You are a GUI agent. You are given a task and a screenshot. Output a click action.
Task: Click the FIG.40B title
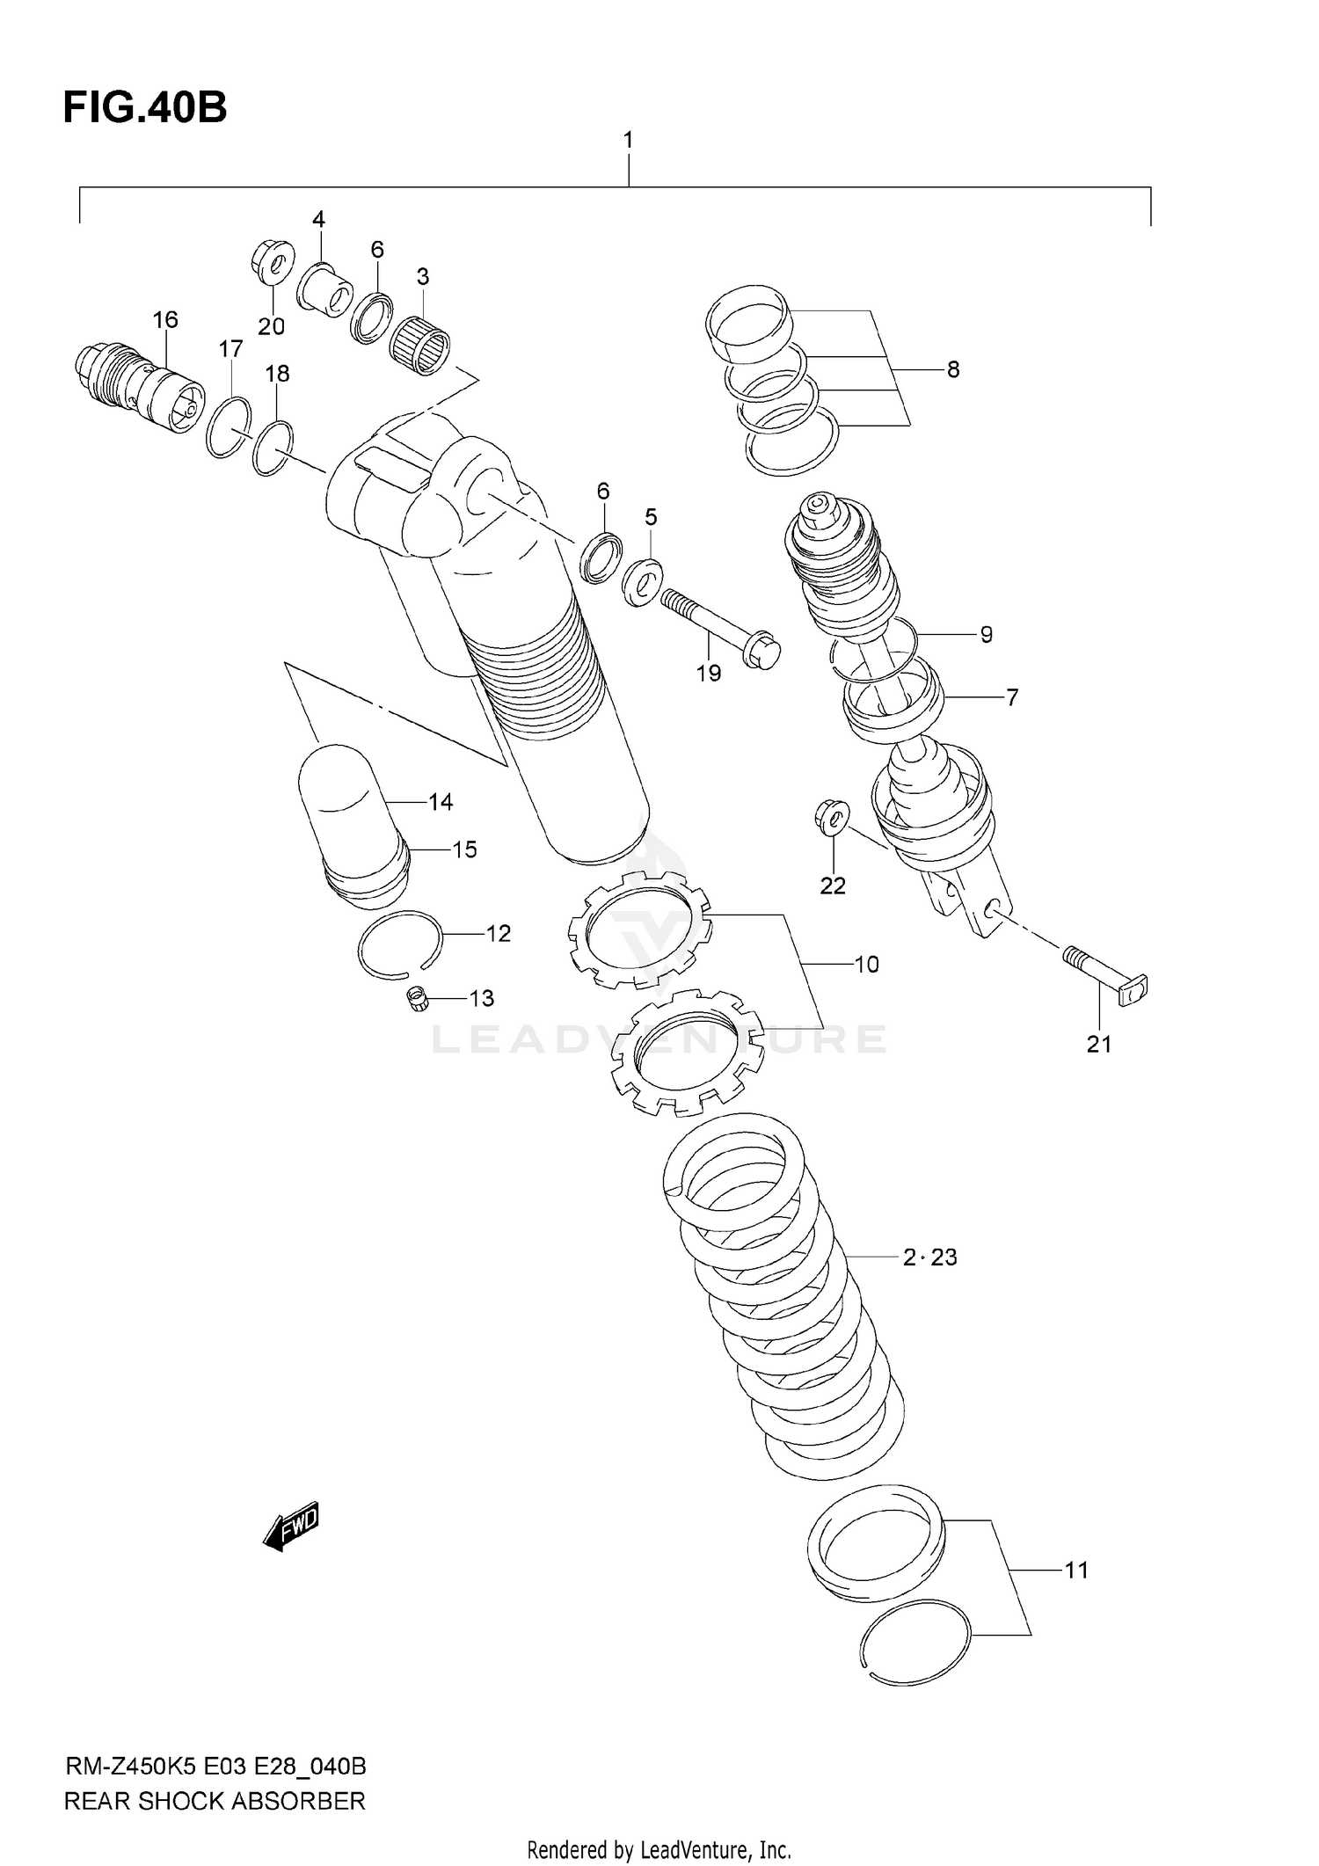pyautogui.click(x=145, y=108)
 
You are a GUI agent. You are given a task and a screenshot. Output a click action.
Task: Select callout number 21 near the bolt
pyautogui.click(x=1099, y=1044)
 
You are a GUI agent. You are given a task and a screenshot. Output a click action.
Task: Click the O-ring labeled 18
pyautogui.click(x=273, y=448)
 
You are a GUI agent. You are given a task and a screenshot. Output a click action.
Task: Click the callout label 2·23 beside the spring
pyautogui.click(x=929, y=1257)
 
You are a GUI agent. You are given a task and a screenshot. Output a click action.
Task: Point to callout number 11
pyautogui.click(x=1076, y=1570)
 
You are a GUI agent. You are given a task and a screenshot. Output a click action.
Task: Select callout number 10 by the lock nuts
pyautogui.click(x=866, y=965)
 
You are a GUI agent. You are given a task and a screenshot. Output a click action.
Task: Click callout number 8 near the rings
pyautogui.click(x=953, y=369)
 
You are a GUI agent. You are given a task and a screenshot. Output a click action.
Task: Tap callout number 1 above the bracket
pyautogui.click(x=628, y=140)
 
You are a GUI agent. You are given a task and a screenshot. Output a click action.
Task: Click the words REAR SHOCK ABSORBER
pyautogui.click(x=215, y=1801)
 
